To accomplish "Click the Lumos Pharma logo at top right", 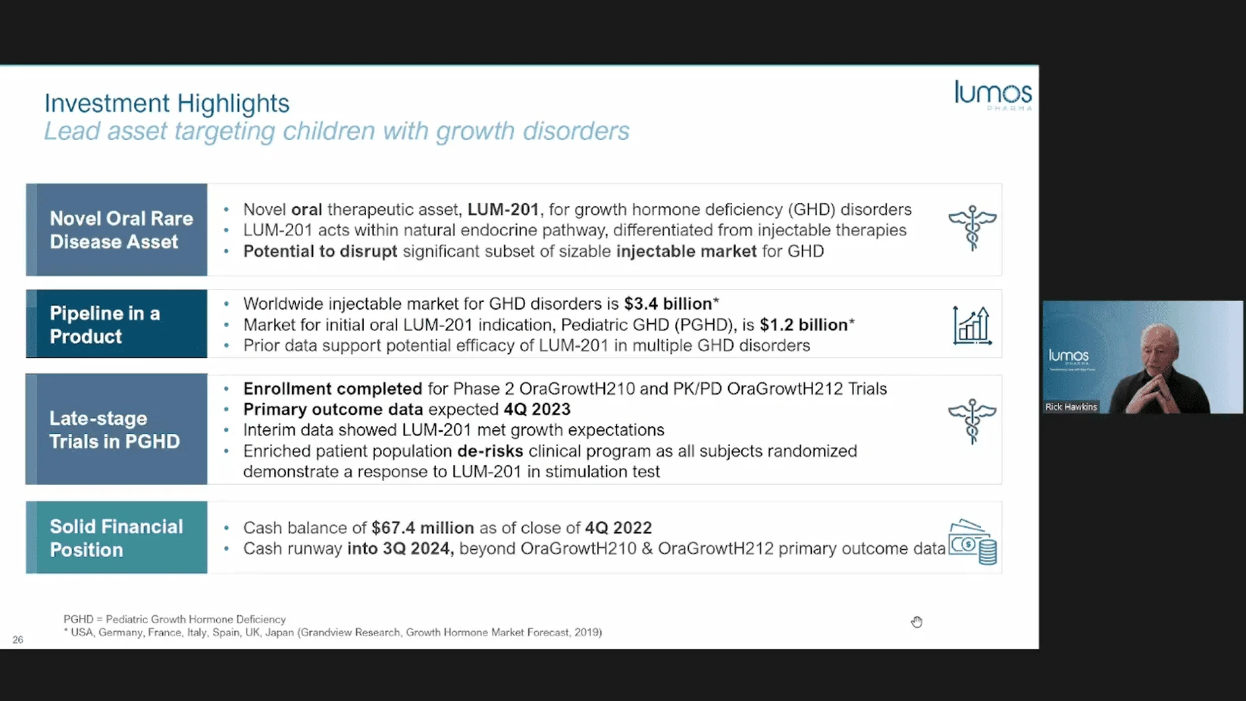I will [992, 95].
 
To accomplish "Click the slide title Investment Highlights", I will [167, 103].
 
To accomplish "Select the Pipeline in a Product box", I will [117, 325].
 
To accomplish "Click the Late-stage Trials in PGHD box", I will [117, 429].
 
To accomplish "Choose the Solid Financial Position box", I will [117, 537].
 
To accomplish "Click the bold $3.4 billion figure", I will [668, 304].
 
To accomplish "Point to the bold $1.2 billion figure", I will [803, 325].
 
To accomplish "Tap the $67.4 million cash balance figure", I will [422, 528].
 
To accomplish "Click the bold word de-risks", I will [490, 451].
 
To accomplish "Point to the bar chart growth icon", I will [971, 325].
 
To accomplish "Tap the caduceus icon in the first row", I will [971, 228].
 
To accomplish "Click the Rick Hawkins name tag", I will [1071, 407].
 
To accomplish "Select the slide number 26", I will [18, 640].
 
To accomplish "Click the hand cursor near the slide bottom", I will [916, 622].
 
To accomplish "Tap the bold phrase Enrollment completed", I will [332, 389].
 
